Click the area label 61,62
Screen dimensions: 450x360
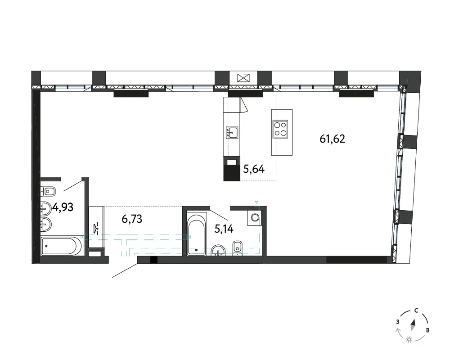(x=332, y=139)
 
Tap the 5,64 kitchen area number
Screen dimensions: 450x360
(x=254, y=169)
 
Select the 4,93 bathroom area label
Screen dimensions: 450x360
(x=63, y=207)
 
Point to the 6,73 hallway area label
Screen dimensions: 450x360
(x=132, y=219)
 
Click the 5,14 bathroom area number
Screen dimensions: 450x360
(x=224, y=229)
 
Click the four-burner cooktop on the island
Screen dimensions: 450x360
(x=280, y=129)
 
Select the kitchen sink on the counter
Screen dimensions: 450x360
(x=232, y=133)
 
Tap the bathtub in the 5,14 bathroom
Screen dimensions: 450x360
(x=197, y=234)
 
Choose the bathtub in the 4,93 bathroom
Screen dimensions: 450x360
(x=62, y=246)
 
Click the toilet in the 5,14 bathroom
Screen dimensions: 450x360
(x=237, y=248)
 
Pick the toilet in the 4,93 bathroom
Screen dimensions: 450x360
(x=48, y=191)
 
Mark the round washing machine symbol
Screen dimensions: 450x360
(x=255, y=217)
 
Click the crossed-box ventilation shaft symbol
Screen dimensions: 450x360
(x=243, y=78)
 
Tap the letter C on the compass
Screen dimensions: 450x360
(x=416, y=310)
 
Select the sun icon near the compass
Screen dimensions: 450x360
(x=409, y=340)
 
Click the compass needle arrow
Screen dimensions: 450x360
(x=413, y=325)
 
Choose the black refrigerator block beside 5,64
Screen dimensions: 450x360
(x=232, y=168)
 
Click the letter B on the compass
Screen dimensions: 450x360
(x=427, y=330)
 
